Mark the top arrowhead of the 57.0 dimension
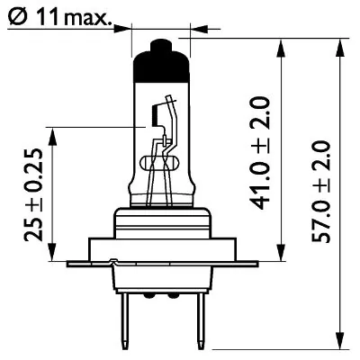tap(341, 43)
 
